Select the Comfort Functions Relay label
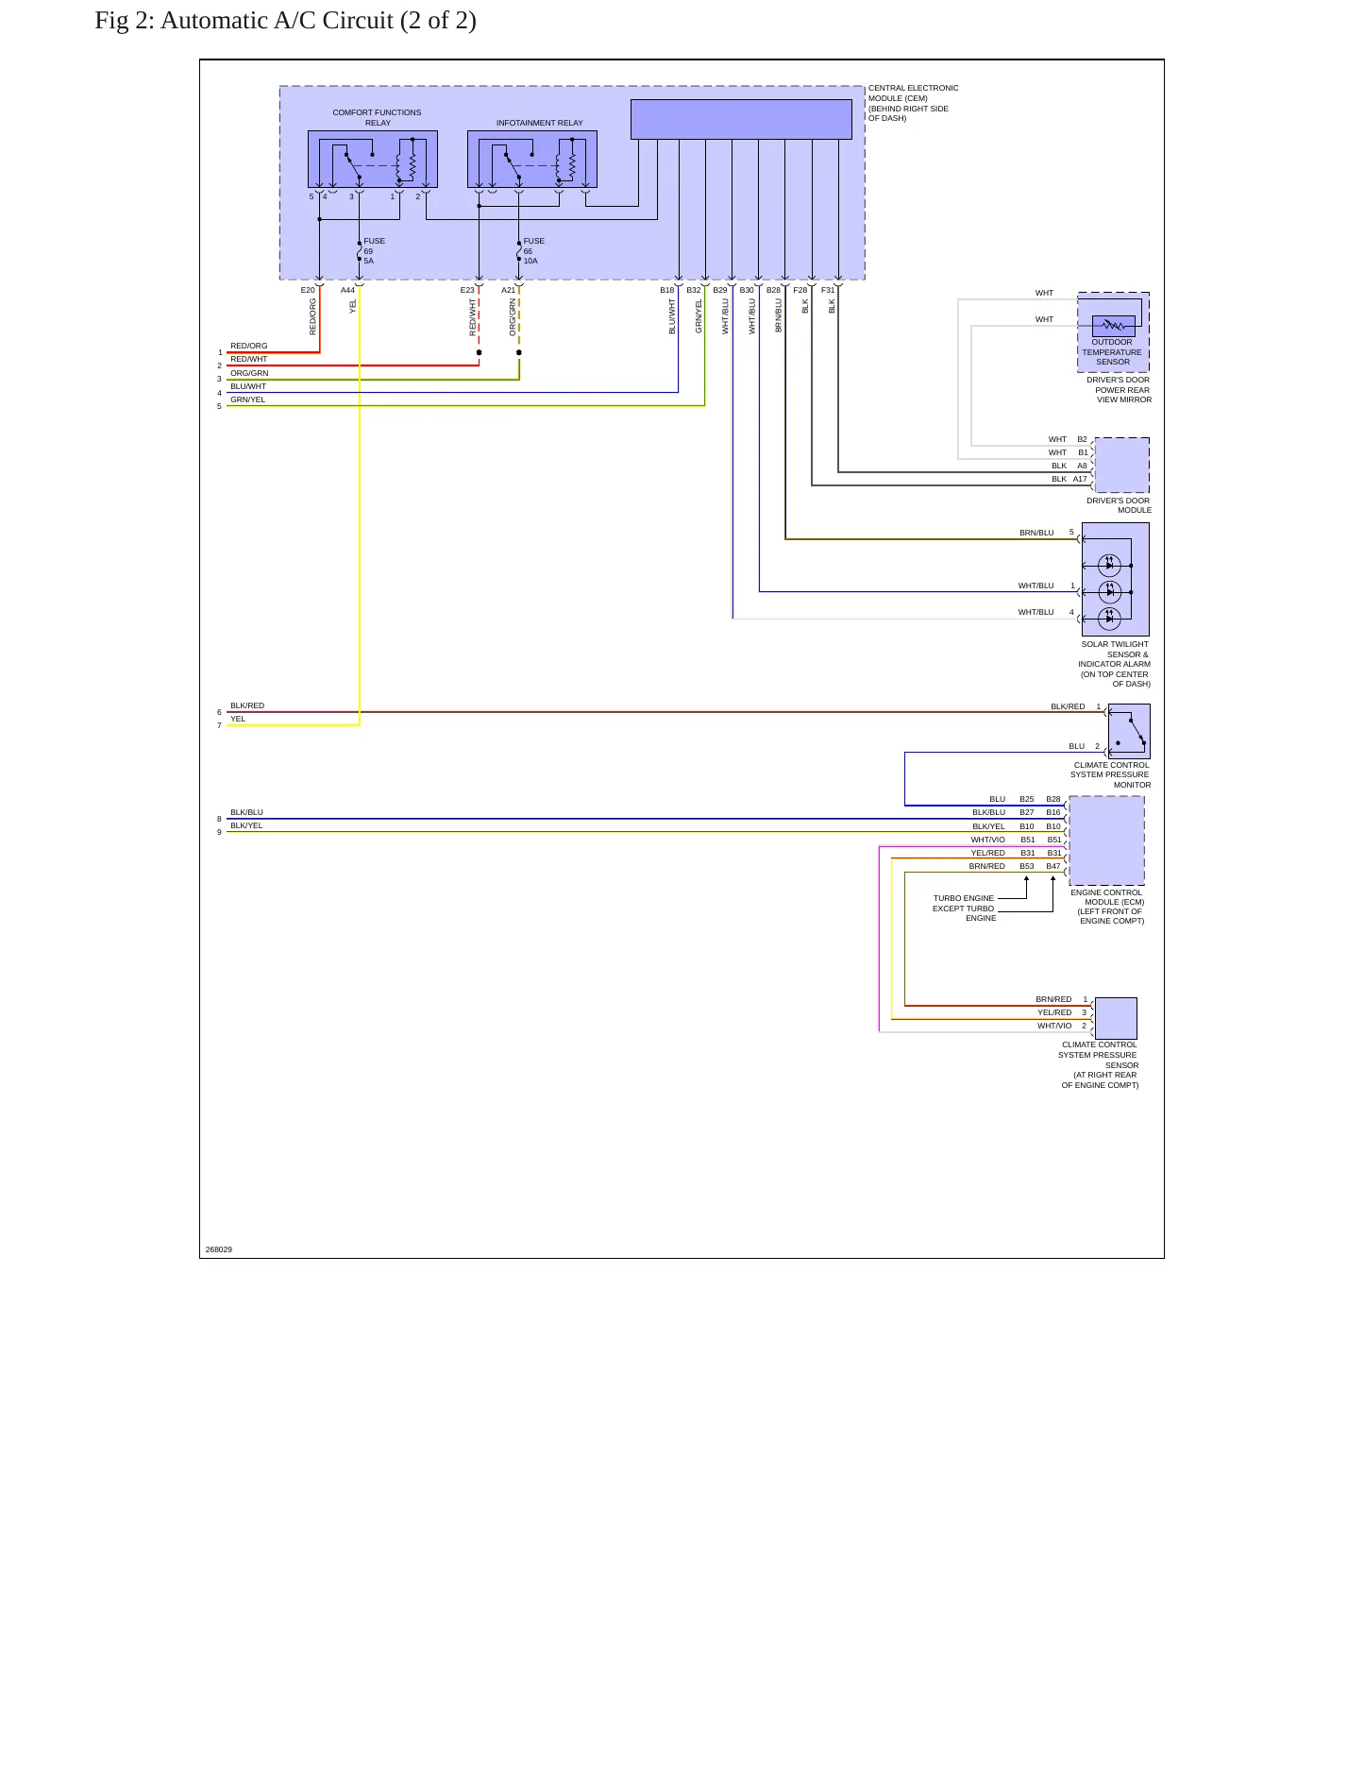pyautogui.click(x=377, y=117)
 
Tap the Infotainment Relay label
pyautogui.click(x=540, y=123)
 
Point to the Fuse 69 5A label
pyautogui.click(x=374, y=250)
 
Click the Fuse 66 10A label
pyautogui.click(x=533, y=250)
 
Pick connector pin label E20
pyautogui.click(x=308, y=290)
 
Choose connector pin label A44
pyautogui.click(x=347, y=290)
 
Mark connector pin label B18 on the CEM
pyautogui.click(x=666, y=290)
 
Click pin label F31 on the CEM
pyautogui.click(x=827, y=290)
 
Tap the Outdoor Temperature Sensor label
pyautogui.click(x=1112, y=352)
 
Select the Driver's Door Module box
pyautogui.click(x=1121, y=465)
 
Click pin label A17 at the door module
pyautogui.click(x=1080, y=479)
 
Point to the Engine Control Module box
pyautogui.click(x=1106, y=841)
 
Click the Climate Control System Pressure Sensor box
pyautogui.click(x=1116, y=1018)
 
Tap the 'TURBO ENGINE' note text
pyautogui.click(x=963, y=898)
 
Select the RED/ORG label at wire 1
pyautogui.click(x=249, y=346)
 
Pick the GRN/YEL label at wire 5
pyautogui.click(x=248, y=399)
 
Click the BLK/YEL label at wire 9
pyautogui.click(x=246, y=825)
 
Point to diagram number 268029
pyautogui.click(x=219, y=1249)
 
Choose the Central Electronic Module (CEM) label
pyautogui.click(x=913, y=103)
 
